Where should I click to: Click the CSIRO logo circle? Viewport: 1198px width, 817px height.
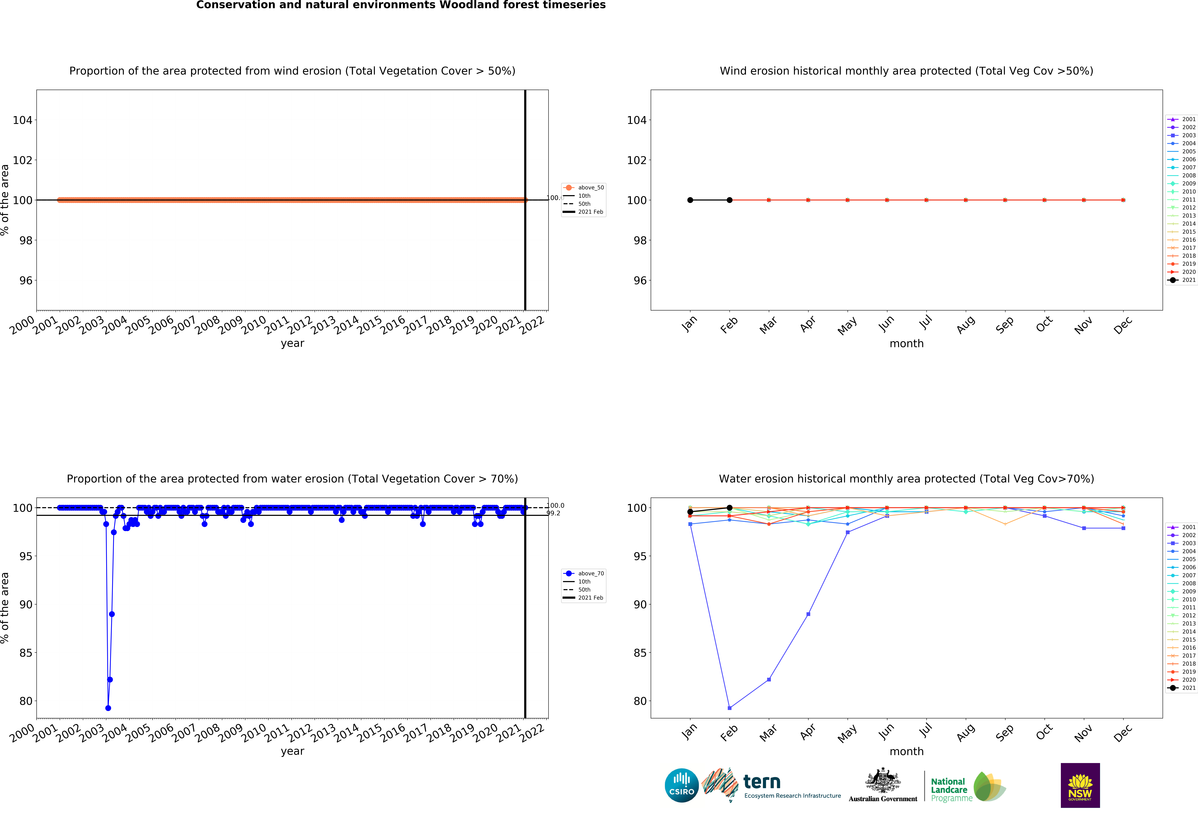(682, 786)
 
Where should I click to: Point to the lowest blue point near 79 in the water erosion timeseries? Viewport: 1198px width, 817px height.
(108, 708)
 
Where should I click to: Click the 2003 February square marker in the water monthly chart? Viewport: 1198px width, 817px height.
(729, 708)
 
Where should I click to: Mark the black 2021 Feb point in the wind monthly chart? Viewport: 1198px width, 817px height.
(729, 200)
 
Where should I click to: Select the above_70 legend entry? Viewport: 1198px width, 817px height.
(584, 574)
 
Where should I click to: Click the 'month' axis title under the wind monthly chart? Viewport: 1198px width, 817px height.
(906, 343)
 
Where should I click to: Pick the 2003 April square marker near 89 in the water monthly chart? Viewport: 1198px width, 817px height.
(808, 614)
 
